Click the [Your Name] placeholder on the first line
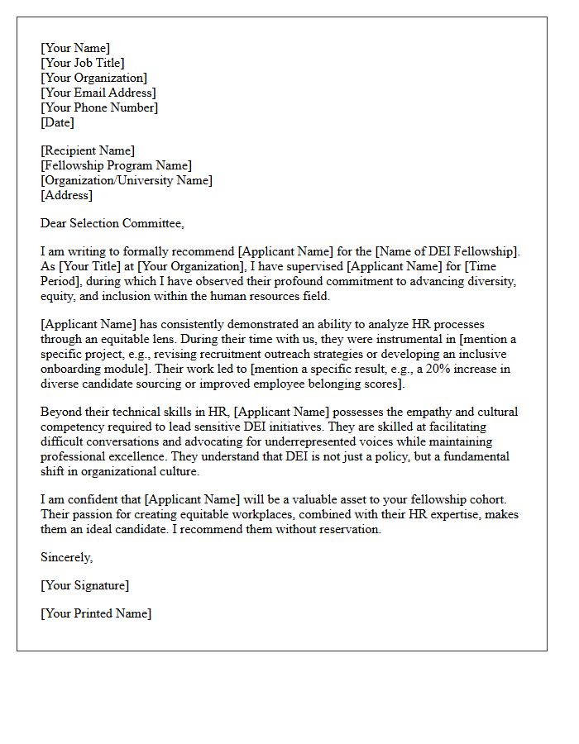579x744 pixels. pyautogui.click(x=75, y=48)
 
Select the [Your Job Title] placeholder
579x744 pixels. pyautogui.click(x=83, y=63)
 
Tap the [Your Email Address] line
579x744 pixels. pyautogui.click(x=98, y=93)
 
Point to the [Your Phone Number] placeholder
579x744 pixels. pyautogui.click(x=99, y=107)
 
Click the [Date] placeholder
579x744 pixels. pyautogui.click(x=58, y=122)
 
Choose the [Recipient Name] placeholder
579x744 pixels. pyautogui.click(x=88, y=150)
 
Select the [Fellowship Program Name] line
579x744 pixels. pyautogui.click(x=116, y=165)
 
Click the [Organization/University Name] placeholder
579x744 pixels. pyautogui.click(x=127, y=180)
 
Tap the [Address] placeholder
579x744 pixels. pyautogui.click(x=67, y=195)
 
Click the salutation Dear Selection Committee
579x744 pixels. pyautogui.click(x=112, y=223)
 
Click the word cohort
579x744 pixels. pyautogui.click(x=488, y=499)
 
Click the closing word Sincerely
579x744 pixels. pyautogui.click(x=66, y=557)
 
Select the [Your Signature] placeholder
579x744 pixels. pyautogui.click(x=84, y=585)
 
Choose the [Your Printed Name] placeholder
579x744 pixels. pyautogui.click(x=96, y=613)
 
